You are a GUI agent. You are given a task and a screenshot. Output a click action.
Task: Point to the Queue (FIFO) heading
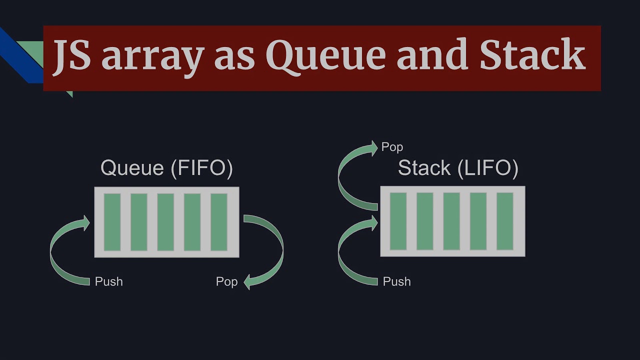[166, 168]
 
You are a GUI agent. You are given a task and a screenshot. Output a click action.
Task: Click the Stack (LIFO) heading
[457, 168]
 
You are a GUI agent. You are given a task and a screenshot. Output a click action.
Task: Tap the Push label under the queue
[108, 281]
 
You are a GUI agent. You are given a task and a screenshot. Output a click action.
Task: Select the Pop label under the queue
[226, 281]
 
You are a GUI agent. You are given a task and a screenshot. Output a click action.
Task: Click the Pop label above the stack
[392, 147]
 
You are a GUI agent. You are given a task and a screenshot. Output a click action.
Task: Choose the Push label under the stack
[396, 281]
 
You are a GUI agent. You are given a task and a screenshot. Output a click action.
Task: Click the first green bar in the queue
[112, 222]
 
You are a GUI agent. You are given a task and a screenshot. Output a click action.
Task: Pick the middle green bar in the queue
[165, 222]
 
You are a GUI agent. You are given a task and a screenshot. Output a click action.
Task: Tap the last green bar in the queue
[219, 222]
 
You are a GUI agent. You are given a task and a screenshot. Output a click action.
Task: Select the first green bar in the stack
[398, 221]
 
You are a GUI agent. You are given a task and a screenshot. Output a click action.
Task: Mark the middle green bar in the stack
[451, 221]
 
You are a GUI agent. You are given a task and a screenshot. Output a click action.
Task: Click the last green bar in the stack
[505, 221]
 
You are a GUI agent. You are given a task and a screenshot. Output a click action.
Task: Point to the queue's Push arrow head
[85, 223]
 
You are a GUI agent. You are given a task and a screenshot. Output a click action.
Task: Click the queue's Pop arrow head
[248, 282]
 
